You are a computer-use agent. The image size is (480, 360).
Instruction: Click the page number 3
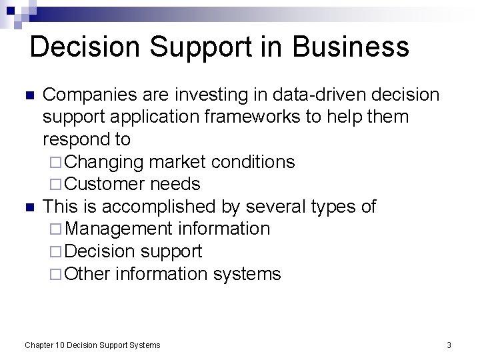[449, 345]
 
